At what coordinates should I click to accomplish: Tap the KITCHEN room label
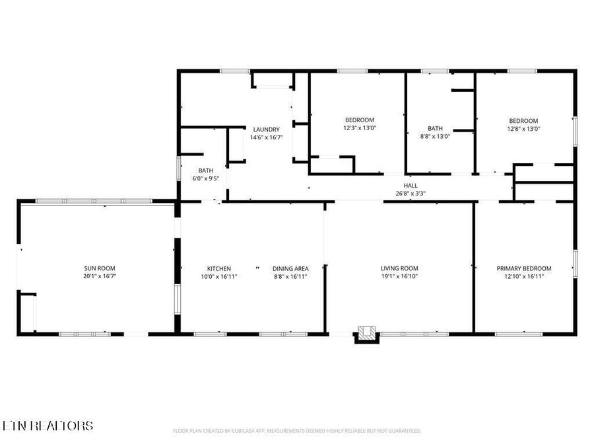point(219,268)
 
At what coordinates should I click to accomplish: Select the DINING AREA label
point(290,268)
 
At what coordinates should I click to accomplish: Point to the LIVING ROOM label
point(399,268)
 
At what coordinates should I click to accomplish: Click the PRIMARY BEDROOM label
point(524,268)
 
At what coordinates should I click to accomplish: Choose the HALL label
point(411,186)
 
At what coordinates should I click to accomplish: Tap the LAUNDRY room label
point(266,130)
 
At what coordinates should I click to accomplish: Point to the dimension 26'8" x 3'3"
point(411,194)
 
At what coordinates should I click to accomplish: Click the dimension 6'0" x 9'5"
point(206,178)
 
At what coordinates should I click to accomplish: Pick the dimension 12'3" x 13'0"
point(359,128)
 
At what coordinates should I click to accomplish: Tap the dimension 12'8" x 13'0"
point(524,129)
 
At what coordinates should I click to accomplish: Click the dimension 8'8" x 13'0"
point(435,137)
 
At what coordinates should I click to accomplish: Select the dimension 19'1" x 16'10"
point(399,276)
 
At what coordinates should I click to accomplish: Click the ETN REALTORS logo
point(48,426)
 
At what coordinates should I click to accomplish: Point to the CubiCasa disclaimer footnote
point(296,431)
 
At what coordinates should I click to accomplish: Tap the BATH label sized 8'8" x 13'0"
point(435,129)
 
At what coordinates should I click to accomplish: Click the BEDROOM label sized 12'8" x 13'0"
point(524,121)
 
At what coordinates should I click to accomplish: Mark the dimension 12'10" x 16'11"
point(524,276)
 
